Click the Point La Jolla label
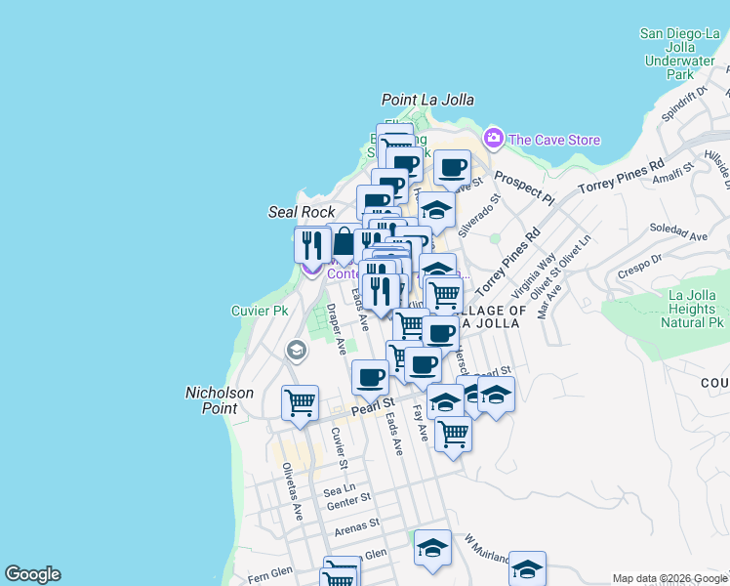click(427, 100)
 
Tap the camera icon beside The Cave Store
click(494, 139)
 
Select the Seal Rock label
click(302, 212)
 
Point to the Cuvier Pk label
click(260, 311)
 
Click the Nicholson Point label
click(220, 400)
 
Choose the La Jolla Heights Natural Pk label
click(681, 309)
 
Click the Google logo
click(32, 574)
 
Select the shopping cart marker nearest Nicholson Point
click(300, 401)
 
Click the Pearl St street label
click(373, 401)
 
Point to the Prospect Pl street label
click(523, 188)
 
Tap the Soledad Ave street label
click(684, 234)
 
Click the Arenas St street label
click(356, 526)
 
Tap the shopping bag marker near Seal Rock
click(343, 241)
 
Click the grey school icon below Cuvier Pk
click(296, 350)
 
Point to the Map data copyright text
click(669, 578)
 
